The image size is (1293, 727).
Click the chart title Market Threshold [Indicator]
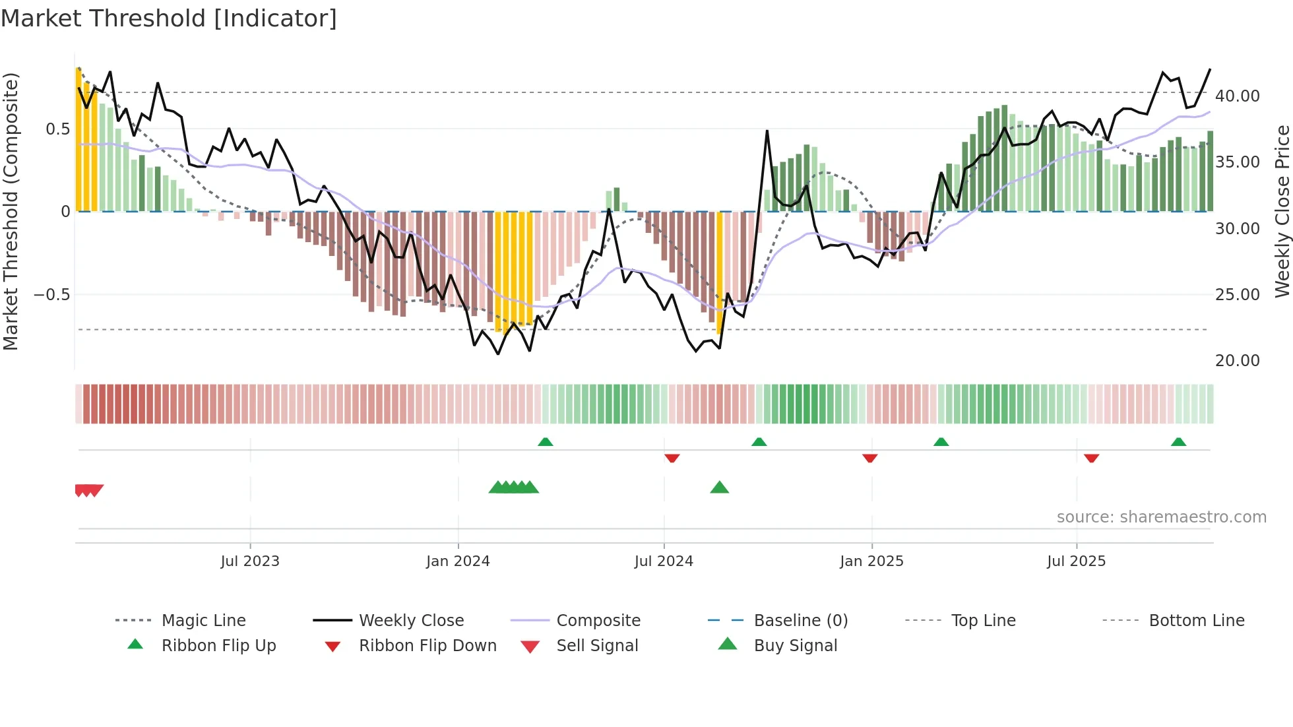(169, 18)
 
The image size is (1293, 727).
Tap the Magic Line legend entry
(203, 620)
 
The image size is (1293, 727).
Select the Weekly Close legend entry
(411, 620)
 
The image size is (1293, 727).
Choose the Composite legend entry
(598, 620)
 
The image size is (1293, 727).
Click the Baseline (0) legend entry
(800, 620)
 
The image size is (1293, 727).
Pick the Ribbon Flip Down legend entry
(427, 645)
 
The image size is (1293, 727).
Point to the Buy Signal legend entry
(795, 645)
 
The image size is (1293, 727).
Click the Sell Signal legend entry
(596, 645)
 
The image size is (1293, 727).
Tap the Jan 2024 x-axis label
(458, 561)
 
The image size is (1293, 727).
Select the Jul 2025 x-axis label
(1076, 561)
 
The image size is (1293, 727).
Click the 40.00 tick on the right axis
(1237, 96)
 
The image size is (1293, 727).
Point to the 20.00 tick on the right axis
(1237, 360)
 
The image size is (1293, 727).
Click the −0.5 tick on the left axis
(52, 294)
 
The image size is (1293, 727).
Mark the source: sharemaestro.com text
(1161, 517)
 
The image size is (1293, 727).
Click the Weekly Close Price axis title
(1281, 211)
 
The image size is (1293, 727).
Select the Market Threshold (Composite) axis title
(11, 211)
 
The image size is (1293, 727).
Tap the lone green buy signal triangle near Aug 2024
(719, 488)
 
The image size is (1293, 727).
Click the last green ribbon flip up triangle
(1178, 442)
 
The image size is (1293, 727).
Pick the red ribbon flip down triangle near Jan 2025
(869, 458)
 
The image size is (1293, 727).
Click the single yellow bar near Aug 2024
(719, 272)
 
